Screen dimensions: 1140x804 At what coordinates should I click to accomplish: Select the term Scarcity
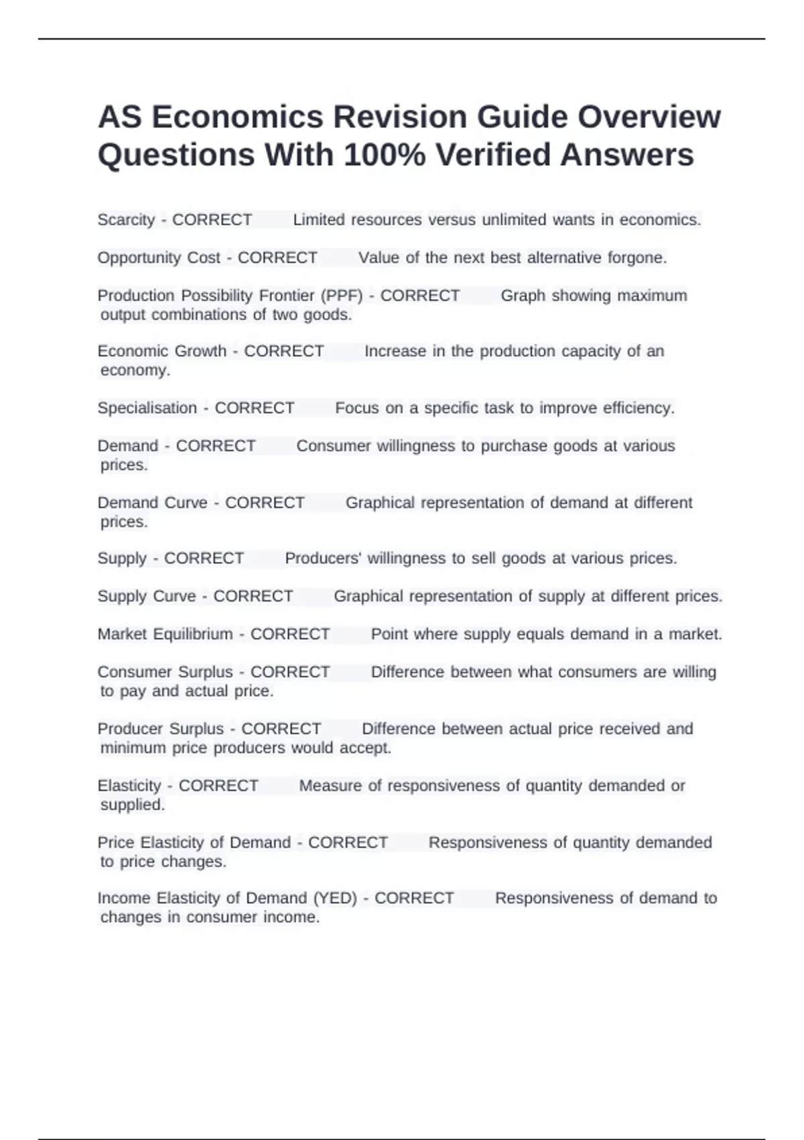126,220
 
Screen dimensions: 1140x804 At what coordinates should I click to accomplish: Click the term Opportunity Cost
159,258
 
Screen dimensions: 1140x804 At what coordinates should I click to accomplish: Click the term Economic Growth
162,351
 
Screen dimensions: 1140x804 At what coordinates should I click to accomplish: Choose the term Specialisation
147,408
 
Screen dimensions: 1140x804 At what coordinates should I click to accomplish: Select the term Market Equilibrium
165,634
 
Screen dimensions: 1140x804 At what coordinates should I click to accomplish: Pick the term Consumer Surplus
165,672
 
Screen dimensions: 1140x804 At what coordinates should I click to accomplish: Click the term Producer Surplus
161,729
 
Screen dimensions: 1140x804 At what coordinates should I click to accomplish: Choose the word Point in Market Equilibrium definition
389,634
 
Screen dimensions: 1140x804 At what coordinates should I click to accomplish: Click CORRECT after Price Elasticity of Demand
348,843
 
